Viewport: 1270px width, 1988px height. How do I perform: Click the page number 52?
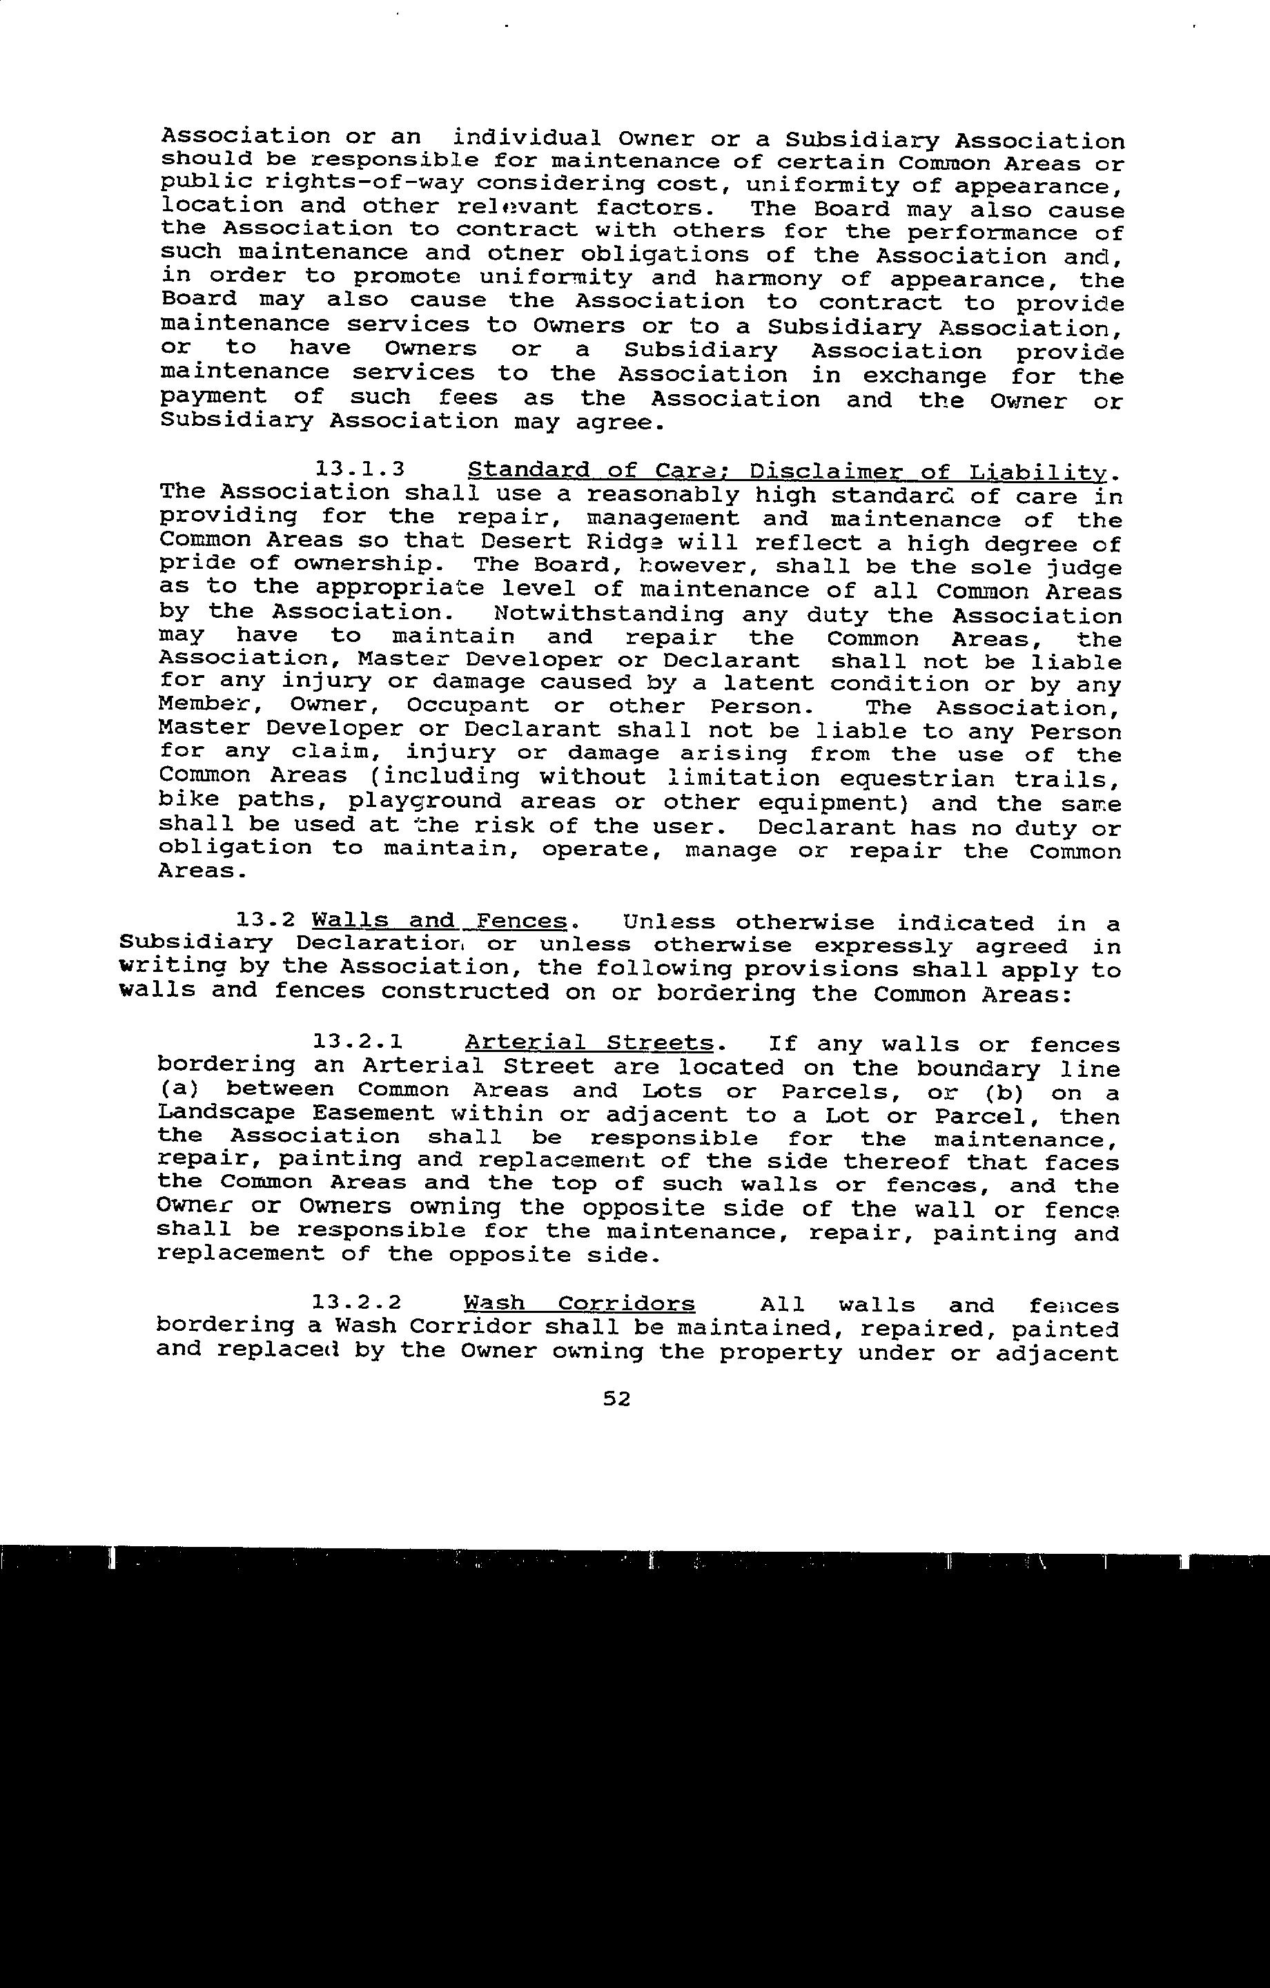[x=617, y=1399]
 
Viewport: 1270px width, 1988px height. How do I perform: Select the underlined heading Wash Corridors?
[x=579, y=1305]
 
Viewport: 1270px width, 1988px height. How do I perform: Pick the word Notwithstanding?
[x=608, y=614]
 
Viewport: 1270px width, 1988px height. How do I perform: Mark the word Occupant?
[x=467, y=707]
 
